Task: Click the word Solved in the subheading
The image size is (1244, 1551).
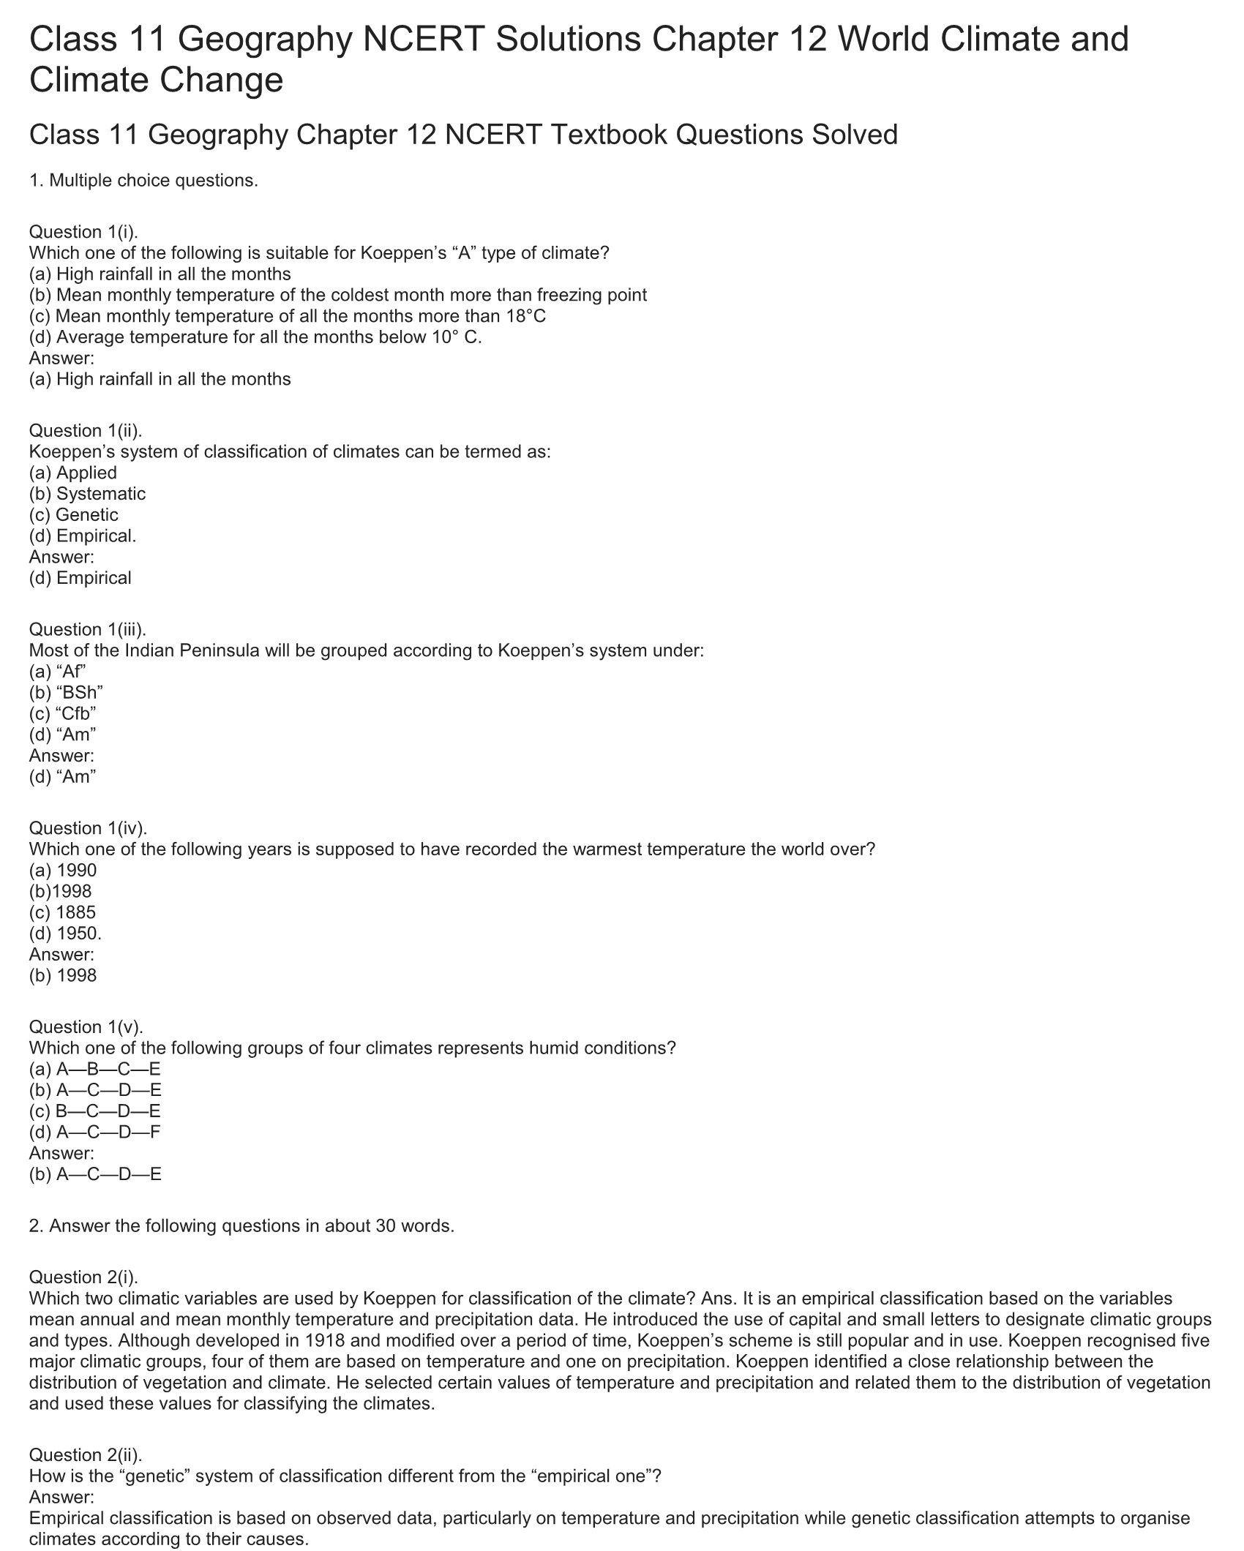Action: coord(854,135)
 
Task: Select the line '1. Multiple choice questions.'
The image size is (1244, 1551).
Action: coord(143,181)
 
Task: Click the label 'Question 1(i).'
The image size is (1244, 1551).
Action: coord(83,232)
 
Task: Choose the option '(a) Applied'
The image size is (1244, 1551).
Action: coord(72,473)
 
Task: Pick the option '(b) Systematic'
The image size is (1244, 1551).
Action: coord(87,494)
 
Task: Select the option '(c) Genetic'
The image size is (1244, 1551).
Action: coord(73,515)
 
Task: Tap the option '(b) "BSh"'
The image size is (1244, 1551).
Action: coord(66,693)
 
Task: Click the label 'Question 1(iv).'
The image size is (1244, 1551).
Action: coord(88,828)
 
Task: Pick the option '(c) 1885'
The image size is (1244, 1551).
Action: coord(62,912)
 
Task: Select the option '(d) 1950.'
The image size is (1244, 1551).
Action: coord(65,934)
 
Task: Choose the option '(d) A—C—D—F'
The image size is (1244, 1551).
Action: coord(94,1133)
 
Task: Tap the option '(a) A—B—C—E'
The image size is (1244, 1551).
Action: coord(94,1069)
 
